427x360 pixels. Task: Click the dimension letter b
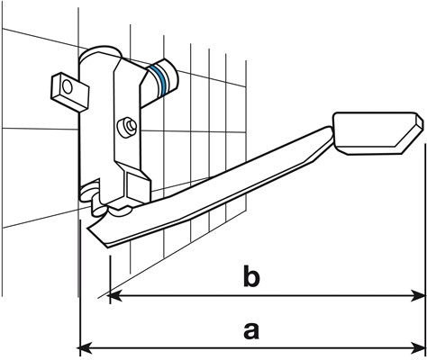tap(251, 275)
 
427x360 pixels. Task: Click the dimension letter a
tap(251, 330)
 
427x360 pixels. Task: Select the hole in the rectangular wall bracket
tap(67, 87)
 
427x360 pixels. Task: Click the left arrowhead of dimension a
tap(84, 348)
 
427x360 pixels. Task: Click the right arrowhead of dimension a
tap(419, 348)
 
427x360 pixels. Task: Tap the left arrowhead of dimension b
tap(114, 296)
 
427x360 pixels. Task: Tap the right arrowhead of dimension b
tap(419, 296)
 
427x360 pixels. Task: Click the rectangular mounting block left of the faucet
tap(69, 93)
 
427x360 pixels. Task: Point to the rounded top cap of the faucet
tap(101, 53)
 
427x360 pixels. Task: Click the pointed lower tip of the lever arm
tap(107, 247)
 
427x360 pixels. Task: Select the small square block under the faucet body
tap(138, 186)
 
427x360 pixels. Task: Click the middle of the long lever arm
tap(210, 187)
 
